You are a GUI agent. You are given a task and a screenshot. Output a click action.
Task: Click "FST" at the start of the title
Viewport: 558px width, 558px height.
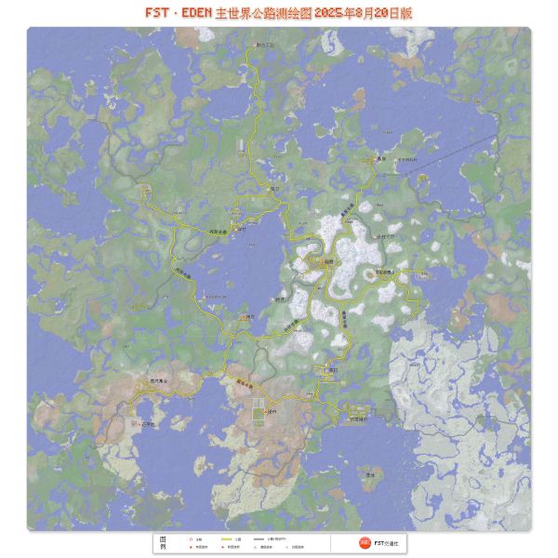[x=158, y=13]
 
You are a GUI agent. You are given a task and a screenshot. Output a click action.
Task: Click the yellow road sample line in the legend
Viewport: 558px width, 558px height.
[x=226, y=538]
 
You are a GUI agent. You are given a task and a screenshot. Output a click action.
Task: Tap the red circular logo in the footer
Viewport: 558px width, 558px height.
[x=352, y=542]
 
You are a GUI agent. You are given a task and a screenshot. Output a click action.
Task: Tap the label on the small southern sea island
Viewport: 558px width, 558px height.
[x=370, y=475]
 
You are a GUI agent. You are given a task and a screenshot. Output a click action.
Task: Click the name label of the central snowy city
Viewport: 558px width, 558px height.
[x=328, y=263]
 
